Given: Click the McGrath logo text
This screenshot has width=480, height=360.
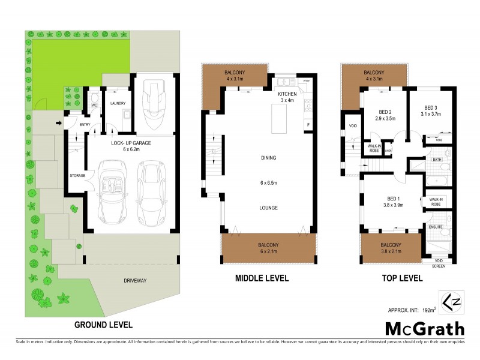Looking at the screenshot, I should coord(424,328).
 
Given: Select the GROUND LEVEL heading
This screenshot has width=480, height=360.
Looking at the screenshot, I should coord(103,325).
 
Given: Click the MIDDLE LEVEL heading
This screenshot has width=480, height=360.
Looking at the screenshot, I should coord(261,278).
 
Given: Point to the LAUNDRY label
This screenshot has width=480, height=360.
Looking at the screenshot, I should coord(118,103).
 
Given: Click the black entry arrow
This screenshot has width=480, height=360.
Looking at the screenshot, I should coord(58,124).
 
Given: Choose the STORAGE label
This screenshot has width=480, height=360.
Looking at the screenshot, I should coord(77,176).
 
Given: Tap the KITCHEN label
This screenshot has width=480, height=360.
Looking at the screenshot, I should coord(287,95).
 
